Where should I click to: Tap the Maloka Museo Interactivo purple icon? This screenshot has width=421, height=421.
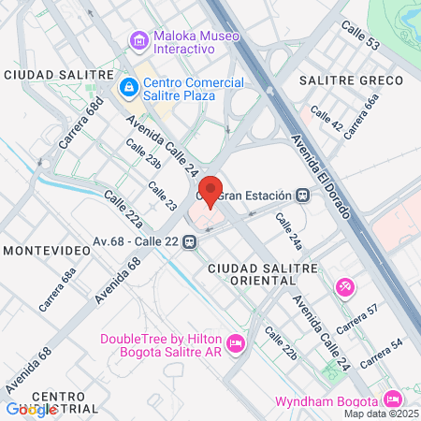(139, 40)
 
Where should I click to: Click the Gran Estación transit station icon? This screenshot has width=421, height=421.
(301, 196)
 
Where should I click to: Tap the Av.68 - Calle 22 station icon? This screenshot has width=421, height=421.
(190, 241)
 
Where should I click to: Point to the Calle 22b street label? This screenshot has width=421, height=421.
(280, 343)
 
